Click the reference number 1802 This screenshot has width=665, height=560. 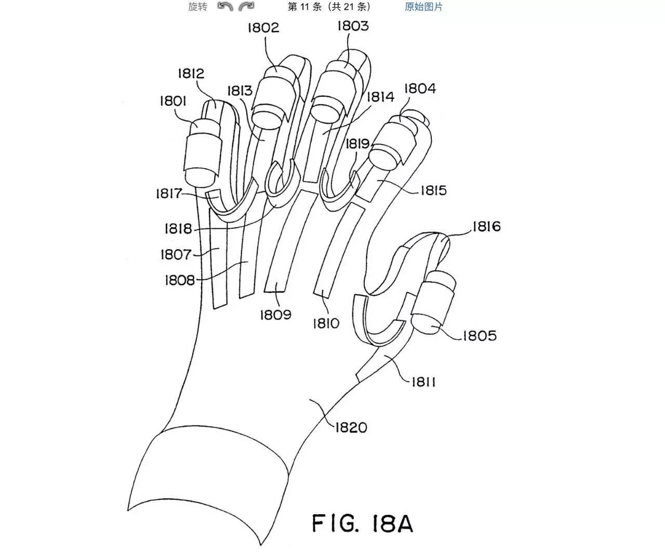click(263, 28)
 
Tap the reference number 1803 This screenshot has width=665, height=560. click(353, 26)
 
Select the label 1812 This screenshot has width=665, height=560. click(191, 74)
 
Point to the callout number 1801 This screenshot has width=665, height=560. click(173, 101)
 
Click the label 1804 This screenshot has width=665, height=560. click(420, 88)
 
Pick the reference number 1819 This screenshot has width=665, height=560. click(358, 144)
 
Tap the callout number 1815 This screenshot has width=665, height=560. click(433, 191)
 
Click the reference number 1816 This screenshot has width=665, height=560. click(486, 227)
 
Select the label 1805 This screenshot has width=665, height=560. click(480, 335)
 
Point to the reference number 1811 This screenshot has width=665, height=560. click(423, 382)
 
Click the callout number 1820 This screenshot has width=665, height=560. click(351, 427)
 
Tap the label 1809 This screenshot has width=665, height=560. click(275, 315)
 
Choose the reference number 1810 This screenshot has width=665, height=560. click(326, 324)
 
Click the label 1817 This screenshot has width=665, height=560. click(169, 193)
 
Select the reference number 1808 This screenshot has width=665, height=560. click(180, 280)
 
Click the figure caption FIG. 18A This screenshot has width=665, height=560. click(363, 524)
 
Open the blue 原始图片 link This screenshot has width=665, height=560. click(423, 7)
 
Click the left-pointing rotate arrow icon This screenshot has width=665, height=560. click(225, 6)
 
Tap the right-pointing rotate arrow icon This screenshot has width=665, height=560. click(246, 6)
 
